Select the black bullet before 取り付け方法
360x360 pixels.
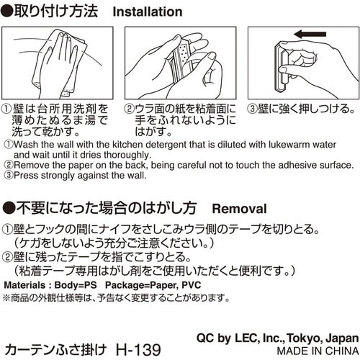pyautogui.click(x=8, y=12)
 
